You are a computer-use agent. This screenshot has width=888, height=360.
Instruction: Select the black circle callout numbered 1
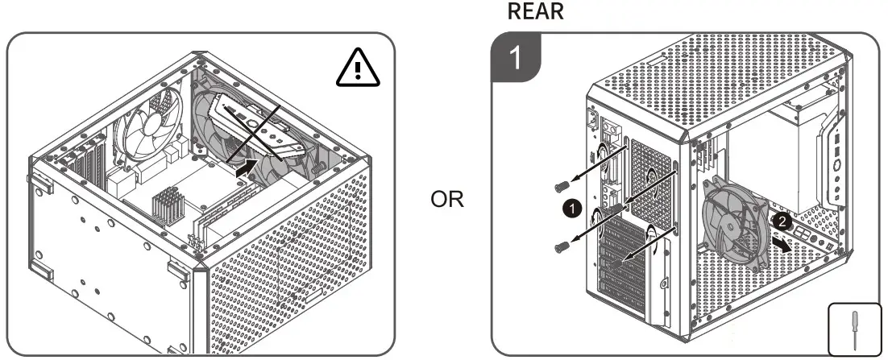[571, 208]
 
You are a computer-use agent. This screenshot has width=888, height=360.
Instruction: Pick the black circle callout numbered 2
[778, 219]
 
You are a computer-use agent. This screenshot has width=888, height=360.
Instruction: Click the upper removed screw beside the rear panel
[556, 187]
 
